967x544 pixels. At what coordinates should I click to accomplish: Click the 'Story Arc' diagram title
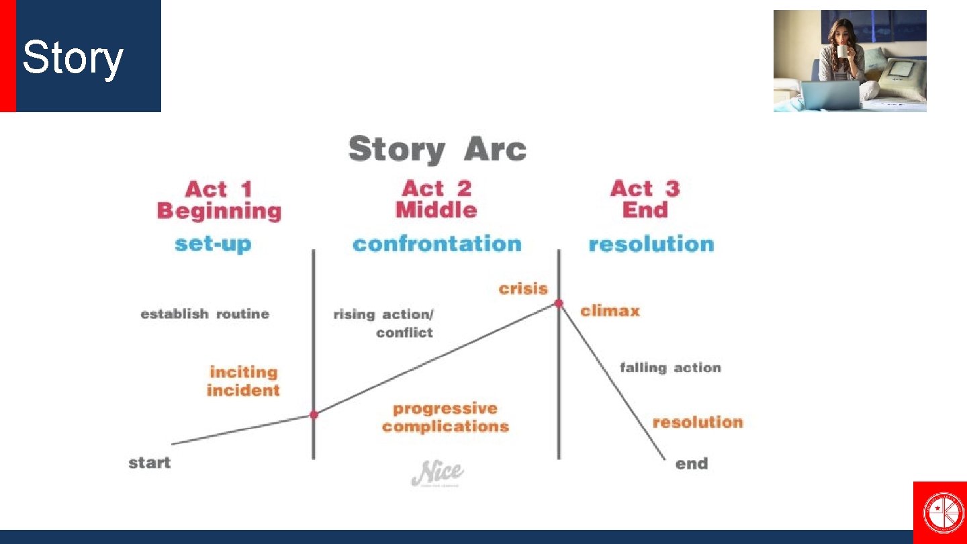point(436,149)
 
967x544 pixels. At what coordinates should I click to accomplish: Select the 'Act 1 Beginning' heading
point(219,200)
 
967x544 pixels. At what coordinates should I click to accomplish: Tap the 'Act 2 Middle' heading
point(436,199)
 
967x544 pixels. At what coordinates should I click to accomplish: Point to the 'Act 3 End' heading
point(645,199)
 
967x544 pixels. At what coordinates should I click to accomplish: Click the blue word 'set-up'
point(213,243)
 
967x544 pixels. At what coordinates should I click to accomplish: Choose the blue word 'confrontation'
point(436,243)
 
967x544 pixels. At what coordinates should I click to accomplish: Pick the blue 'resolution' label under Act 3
point(651,244)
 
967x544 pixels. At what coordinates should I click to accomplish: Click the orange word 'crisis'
point(523,289)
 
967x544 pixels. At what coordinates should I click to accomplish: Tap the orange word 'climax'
point(610,311)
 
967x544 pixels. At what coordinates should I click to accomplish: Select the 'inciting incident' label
point(243,381)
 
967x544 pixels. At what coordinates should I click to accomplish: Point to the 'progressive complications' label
point(445,417)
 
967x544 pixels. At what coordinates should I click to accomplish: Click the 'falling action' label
point(670,368)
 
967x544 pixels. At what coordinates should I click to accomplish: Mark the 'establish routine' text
point(205,314)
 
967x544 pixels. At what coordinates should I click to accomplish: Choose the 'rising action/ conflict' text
point(384,322)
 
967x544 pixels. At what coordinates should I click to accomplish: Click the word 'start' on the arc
point(150,463)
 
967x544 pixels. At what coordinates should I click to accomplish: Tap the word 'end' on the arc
point(691,463)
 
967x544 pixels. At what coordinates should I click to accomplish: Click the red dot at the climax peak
point(559,304)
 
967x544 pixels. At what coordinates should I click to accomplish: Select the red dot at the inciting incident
point(314,414)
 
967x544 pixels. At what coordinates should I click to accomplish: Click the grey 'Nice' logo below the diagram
point(437,473)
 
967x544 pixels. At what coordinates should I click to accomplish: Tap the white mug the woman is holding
point(842,51)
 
